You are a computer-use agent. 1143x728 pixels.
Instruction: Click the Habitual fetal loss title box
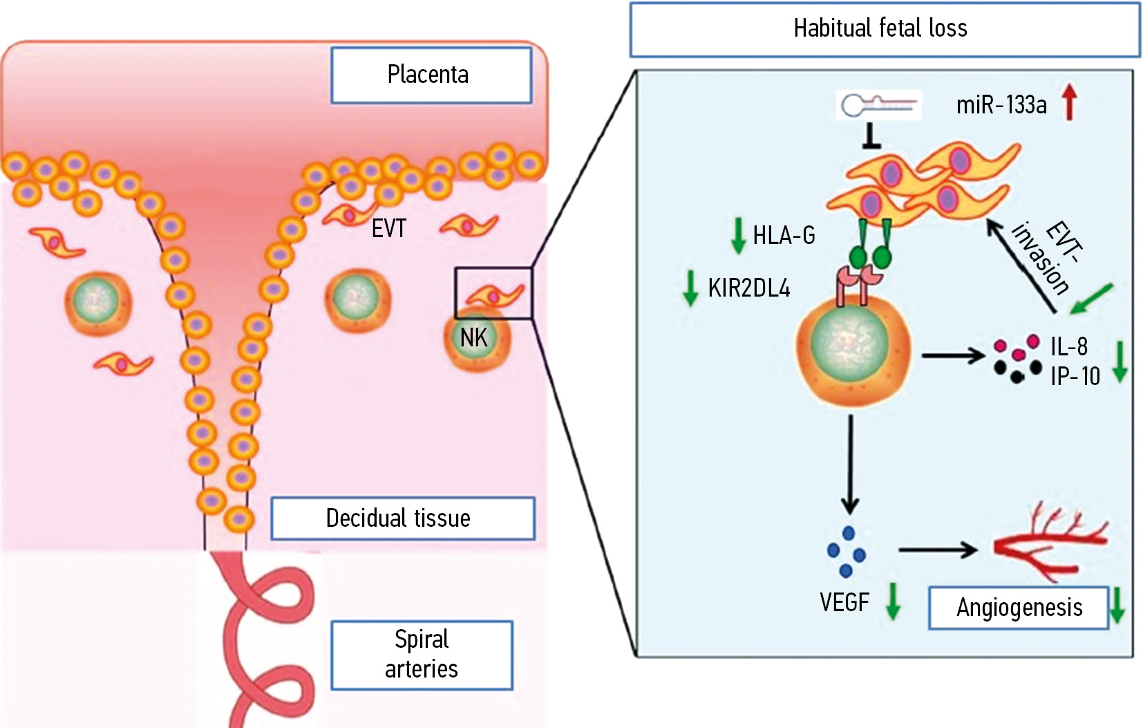tap(884, 29)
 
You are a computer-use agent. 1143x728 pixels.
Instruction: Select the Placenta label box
tap(431, 75)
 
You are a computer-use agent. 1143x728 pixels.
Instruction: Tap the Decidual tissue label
tap(402, 518)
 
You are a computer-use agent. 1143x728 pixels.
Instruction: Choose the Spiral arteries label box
tap(422, 655)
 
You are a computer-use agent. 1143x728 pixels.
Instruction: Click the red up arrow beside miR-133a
tap(1070, 102)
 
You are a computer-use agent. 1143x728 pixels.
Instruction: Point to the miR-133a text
tap(1001, 105)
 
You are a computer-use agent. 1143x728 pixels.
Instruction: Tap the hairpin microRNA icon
tap(878, 105)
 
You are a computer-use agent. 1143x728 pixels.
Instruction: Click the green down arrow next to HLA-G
tap(738, 235)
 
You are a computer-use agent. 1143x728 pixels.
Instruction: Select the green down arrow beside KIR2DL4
tap(690, 288)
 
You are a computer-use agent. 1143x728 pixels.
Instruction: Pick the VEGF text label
tap(844, 602)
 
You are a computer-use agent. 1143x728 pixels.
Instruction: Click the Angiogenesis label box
tap(1018, 608)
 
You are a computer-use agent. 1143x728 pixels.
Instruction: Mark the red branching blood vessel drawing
tap(1050, 544)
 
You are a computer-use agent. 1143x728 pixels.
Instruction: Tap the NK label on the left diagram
tap(474, 338)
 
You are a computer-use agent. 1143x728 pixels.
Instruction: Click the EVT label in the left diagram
tap(388, 229)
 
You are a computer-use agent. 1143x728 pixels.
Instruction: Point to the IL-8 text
tap(1068, 346)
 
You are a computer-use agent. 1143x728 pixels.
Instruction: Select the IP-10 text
tap(1075, 376)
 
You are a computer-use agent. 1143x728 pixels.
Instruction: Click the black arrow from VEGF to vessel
tap(937, 550)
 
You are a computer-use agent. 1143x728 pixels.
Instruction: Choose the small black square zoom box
tap(493, 293)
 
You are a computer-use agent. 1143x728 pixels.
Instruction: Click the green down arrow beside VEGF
tap(893, 601)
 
